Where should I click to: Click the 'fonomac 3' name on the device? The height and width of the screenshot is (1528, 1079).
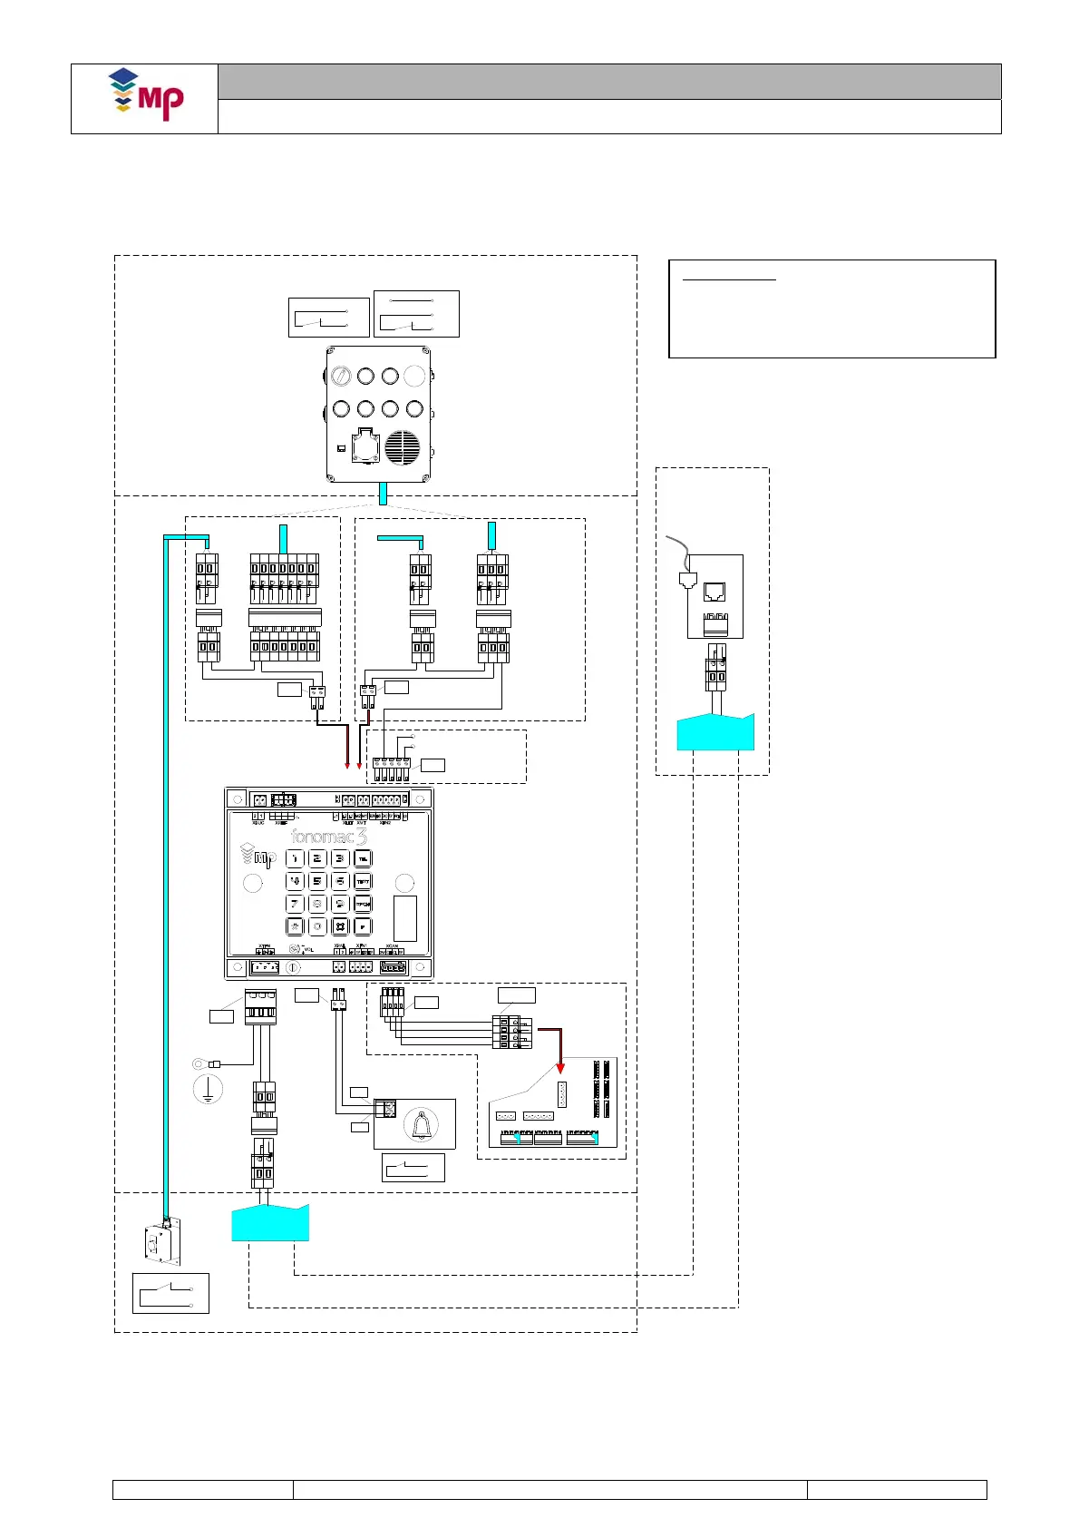(x=328, y=837)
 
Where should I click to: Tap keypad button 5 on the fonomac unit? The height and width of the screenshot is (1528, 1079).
(x=317, y=881)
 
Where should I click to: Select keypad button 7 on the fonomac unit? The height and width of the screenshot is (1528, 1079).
(x=295, y=904)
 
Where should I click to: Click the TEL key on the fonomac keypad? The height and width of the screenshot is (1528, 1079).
(x=363, y=858)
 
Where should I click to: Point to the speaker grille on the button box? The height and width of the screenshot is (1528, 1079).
(x=403, y=447)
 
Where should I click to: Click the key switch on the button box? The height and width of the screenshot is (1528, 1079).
(x=342, y=375)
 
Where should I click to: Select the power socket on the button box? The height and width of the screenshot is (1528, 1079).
(x=365, y=445)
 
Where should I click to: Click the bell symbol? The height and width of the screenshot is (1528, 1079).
(x=421, y=1125)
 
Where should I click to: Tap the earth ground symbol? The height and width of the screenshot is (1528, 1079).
(x=208, y=1089)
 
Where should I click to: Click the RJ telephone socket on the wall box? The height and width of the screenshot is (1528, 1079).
(x=714, y=592)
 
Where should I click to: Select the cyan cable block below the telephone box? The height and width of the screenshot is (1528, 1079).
(x=715, y=732)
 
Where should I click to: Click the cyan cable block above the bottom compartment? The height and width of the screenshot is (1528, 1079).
(x=270, y=1223)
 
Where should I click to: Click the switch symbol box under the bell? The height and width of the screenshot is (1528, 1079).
(x=413, y=1168)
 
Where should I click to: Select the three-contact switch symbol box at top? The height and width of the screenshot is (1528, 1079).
(x=416, y=314)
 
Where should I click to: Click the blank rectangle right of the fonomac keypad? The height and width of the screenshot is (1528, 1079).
(x=405, y=918)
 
